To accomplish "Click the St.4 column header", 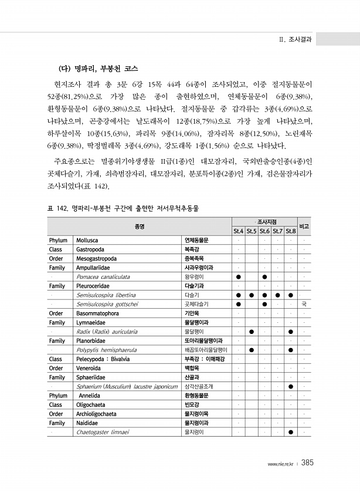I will [239, 231].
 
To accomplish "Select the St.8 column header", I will [291, 231].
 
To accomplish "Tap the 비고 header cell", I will [304, 226].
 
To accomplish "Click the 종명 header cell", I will [139, 226].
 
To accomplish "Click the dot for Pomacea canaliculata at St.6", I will [265, 276].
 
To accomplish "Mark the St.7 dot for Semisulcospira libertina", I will [278, 295].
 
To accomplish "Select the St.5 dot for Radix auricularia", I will [252, 332].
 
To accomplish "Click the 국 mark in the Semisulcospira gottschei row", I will [304, 304].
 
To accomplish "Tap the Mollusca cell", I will [87, 240].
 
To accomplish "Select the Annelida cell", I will [90, 396].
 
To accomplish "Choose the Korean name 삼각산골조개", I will [201, 386].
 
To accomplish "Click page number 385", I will [307, 480].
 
